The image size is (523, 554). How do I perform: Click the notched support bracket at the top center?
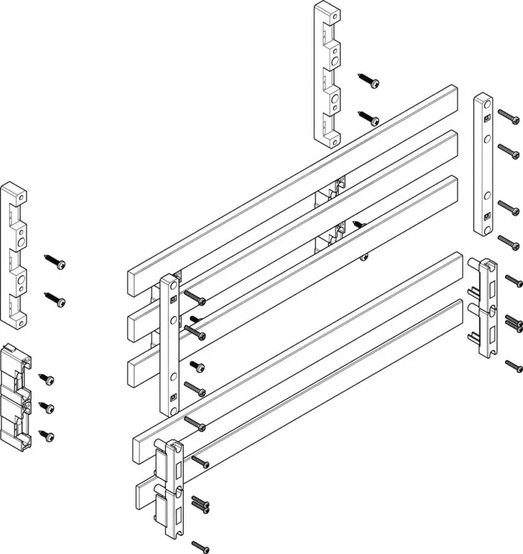pos(327,75)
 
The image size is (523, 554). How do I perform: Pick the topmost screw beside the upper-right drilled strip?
pos(507,114)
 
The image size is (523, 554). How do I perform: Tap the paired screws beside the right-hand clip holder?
pos(514,321)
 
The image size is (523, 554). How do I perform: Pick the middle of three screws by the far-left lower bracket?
pos(48,406)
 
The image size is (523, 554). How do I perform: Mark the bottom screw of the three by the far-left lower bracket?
pos(48,436)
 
